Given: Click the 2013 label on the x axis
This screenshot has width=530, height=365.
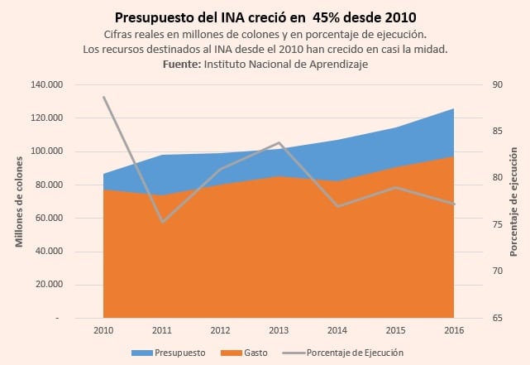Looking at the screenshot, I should point(279,330).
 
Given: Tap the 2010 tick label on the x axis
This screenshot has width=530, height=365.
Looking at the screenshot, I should point(103,330).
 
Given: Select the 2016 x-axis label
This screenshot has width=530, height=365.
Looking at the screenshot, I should point(454,330).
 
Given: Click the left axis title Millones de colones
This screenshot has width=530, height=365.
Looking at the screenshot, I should point(19,201).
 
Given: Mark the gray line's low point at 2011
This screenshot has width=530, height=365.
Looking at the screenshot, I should point(162,222).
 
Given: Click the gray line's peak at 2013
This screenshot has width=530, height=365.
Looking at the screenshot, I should point(279,143).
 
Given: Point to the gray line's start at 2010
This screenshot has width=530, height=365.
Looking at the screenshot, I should point(104,97).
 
